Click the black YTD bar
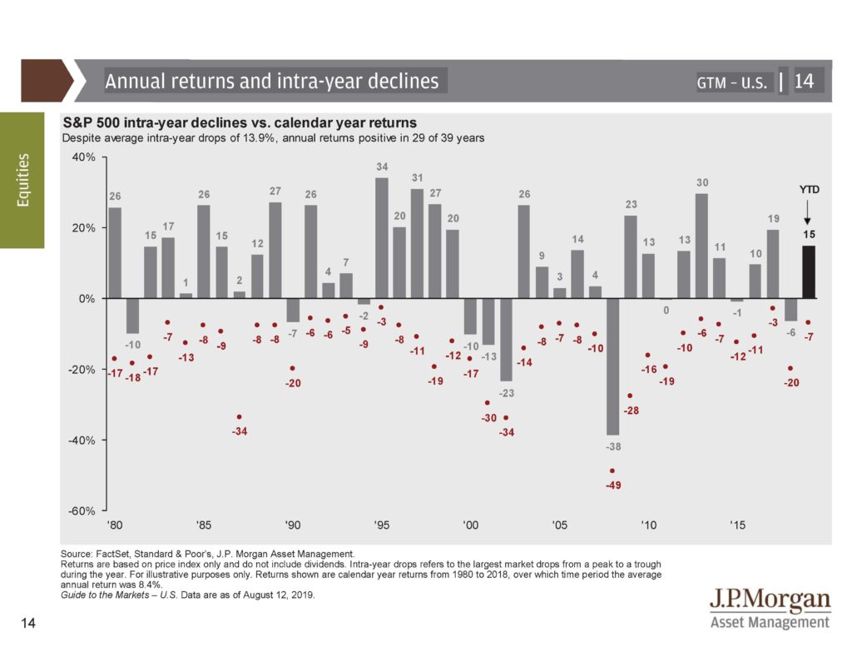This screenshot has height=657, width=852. (x=809, y=272)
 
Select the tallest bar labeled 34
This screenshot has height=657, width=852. (x=381, y=238)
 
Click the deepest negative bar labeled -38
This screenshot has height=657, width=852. (x=613, y=366)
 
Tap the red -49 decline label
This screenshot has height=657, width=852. (x=613, y=485)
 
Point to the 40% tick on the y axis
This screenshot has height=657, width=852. (x=103, y=157)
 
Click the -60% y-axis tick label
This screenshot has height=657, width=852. (x=82, y=511)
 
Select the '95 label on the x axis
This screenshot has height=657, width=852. (x=381, y=525)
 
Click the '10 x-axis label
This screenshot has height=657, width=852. (x=648, y=525)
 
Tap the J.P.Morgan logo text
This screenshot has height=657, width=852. (x=770, y=600)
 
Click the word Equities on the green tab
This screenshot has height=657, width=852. (x=22, y=180)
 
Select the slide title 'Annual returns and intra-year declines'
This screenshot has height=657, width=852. (x=272, y=81)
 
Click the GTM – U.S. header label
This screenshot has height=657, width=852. (x=732, y=82)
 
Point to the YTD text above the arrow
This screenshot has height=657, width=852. (x=809, y=190)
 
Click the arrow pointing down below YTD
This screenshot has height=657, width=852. (x=807, y=212)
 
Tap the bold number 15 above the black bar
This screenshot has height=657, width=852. (x=809, y=235)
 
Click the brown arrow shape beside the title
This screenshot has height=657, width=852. (x=47, y=81)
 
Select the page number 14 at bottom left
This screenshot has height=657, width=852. (x=28, y=623)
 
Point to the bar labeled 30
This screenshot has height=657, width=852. (x=701, y=246)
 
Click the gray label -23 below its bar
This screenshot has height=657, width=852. (x=507, y=393)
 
